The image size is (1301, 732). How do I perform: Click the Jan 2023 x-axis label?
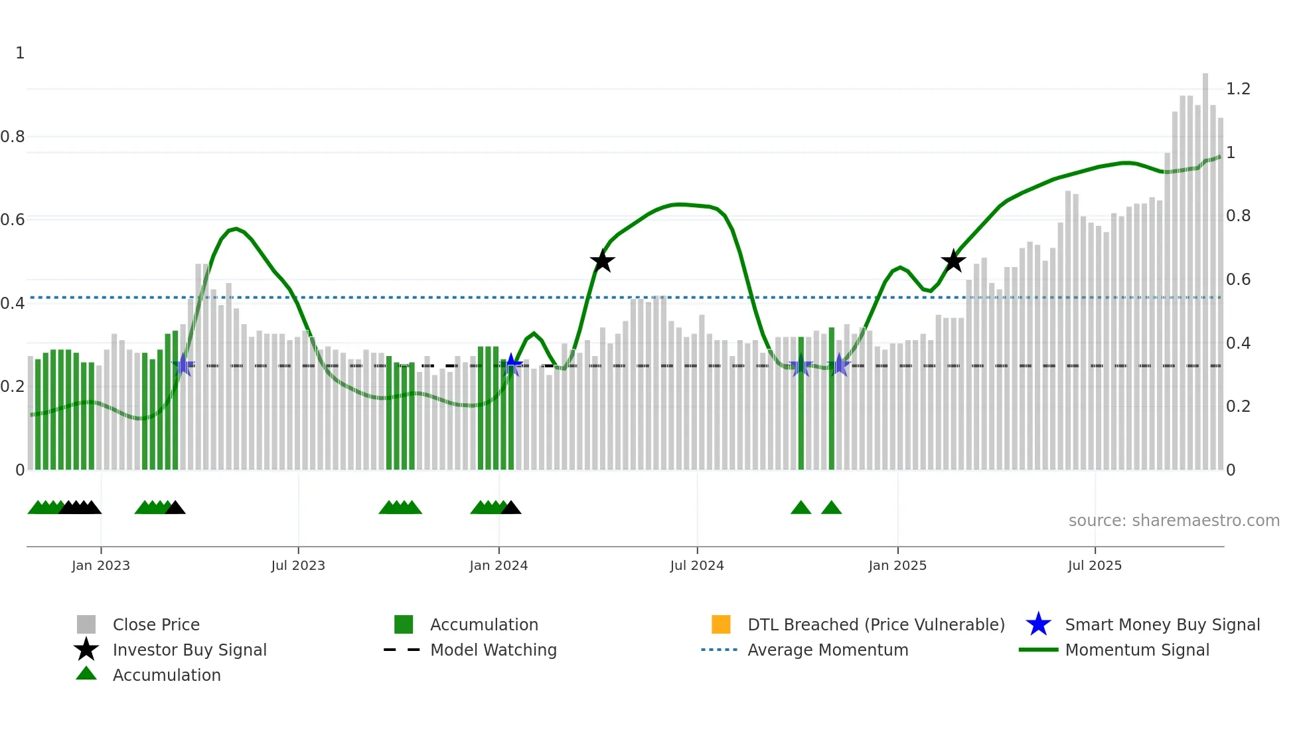[x=101, y=565]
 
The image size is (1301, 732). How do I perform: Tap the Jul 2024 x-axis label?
[x=696, y=565]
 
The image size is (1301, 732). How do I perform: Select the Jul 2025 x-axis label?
[x=1095, y=565]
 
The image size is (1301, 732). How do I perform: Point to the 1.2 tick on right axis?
[x=1238, y=89]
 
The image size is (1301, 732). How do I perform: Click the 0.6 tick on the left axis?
[x=13, y=220]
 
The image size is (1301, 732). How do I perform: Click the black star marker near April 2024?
[x=602, y=261]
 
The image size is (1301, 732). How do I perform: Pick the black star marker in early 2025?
[x=953, y=261]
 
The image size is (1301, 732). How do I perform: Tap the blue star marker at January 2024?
[x=511, y=365]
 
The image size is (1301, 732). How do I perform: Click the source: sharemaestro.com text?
[x=1174, y=521]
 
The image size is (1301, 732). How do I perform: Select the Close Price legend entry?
[x=156, y=624]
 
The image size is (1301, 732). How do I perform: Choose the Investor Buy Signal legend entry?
[x=189, y=650]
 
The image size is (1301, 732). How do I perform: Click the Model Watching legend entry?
[x=493, y=650]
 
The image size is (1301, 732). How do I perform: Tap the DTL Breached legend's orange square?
[x=721, y=624]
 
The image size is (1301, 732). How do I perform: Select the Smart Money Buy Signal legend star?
[x=1038, y=624]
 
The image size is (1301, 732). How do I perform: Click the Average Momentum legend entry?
[x=828, y=650]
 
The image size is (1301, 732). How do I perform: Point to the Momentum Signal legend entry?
[x=1137, y=650]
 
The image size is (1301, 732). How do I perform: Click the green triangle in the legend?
[x=86, y=674]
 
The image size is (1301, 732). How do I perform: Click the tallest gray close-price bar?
[x=1205, y=266]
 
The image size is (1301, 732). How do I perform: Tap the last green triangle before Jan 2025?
[x=831, y=508]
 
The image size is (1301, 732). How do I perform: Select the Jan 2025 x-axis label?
[x=897, y=565]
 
